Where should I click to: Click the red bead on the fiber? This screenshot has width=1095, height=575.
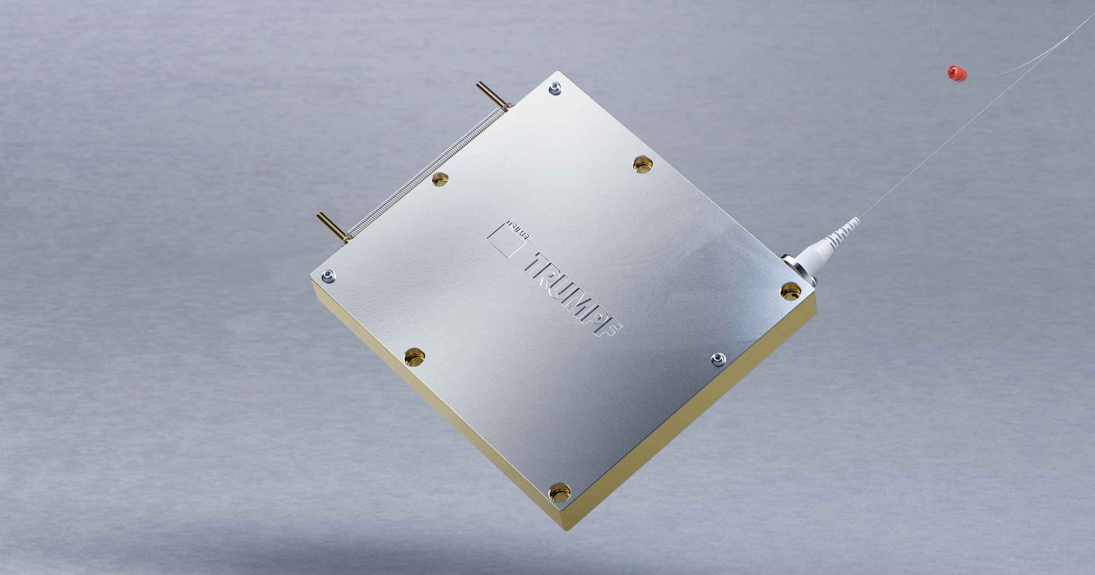(957, 73)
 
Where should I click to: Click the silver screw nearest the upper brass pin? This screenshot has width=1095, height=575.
(555, 88)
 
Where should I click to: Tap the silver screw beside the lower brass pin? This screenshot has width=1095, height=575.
(328, 276)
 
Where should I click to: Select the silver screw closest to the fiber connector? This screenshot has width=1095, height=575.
(718, 359)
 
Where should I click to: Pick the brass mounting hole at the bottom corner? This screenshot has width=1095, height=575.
(560, 492)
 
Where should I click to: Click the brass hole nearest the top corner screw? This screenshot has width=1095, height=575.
(643, 163)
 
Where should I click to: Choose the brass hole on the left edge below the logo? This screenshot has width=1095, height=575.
(414, 357)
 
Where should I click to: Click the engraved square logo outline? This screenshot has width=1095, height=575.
(505, 240)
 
